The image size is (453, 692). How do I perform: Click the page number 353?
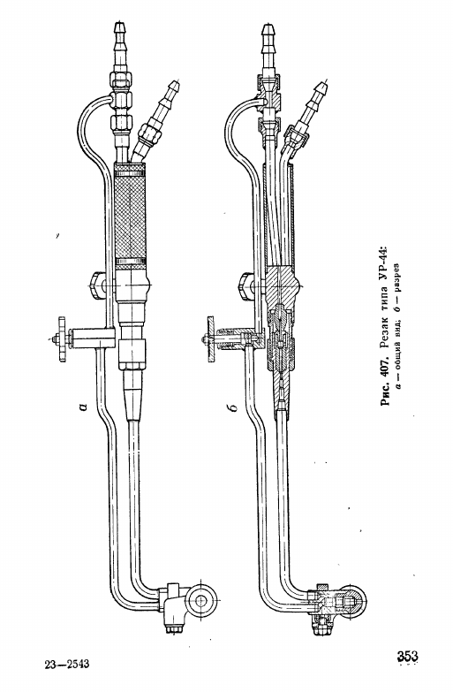(x=407, y=656)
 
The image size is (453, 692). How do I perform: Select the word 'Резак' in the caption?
(x=384, y=340)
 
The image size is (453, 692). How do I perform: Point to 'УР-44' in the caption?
(x=384, y=262)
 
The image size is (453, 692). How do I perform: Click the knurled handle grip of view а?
(x=129, y=215)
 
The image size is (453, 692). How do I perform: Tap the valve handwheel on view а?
(x=62, y=338)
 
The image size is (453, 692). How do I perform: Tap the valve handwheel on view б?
(x=210, y=338)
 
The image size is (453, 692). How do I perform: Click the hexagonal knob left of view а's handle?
(x=95, y=286)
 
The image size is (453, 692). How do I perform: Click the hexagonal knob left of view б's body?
(x=244, y=286)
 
